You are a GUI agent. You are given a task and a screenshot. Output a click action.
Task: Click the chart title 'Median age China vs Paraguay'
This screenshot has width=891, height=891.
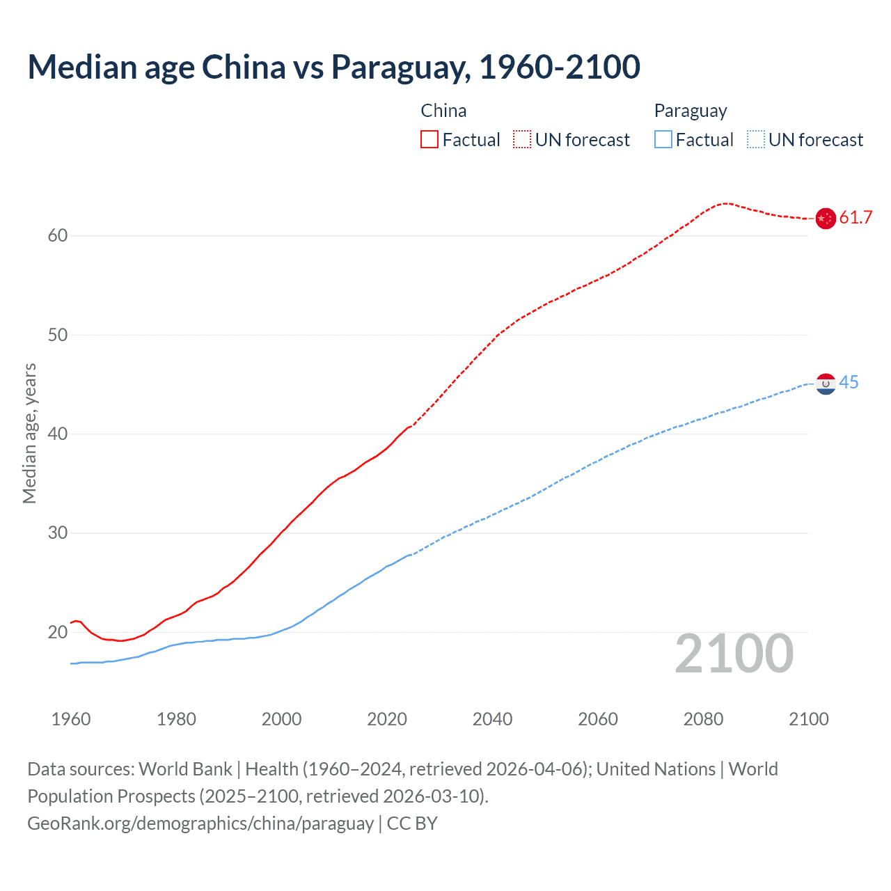pyautogui.click(x=333, y=67)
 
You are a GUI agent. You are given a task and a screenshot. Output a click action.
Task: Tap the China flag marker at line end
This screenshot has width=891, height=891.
pyautogui.click(x=826, y=219)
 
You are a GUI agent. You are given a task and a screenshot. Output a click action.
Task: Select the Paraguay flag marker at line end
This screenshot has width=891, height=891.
pyautogui.click(x=826, y=384)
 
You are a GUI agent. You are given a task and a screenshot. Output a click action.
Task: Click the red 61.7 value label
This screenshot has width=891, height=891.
pyautogui.click(x=855, y=218)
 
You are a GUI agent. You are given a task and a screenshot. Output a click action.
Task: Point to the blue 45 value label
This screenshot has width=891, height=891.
pyautogui.click(x=849, y=383)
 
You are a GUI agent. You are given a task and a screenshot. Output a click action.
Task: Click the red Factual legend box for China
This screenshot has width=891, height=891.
pyautogui.click(x=429, y=140)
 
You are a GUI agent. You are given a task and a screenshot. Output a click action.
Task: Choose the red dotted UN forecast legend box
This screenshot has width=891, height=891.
pyautogui.click(x=522, y=140)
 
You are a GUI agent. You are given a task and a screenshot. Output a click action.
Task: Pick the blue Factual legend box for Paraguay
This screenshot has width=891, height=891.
pyautogui.click(x=663, y=140)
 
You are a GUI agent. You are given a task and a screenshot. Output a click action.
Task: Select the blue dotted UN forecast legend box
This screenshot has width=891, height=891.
pyautogui.click(x=755, y=140)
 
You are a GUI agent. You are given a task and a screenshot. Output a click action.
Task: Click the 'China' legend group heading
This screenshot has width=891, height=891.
pyautogui.click(x=443, y=111)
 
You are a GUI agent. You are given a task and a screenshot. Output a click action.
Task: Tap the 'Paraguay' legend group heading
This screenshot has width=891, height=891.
pyautogui.click(x=690, y=111)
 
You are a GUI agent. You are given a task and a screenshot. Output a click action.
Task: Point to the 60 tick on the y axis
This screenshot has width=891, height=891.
pyautogui.click(x=58, y=236)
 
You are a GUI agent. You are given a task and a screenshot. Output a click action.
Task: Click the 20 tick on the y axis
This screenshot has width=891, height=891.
pyautogui.click(x=58, y=633)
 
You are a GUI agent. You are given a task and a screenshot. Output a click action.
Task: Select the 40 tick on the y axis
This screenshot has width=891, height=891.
pyautogui.click(x=58, y=434)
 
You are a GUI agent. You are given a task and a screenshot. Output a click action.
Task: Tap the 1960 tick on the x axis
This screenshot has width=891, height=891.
pyautogui.click(x=71, y=719)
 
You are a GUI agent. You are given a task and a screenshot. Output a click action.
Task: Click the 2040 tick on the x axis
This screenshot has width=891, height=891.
pyautogui.click(x=492, y=719)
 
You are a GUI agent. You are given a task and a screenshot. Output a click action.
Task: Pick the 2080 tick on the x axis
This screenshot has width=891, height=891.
pyautogui.click(x=703, y=719)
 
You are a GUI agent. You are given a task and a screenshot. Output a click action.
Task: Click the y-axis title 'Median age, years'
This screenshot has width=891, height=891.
pyautogui.click(x=29, y=433)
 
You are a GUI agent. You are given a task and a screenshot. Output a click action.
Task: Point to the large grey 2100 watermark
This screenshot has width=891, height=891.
pyautogui.click(x=734, y=654)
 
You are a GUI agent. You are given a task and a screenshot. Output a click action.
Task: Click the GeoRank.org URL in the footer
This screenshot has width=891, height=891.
pyautogui.click(x=200, y=823)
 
